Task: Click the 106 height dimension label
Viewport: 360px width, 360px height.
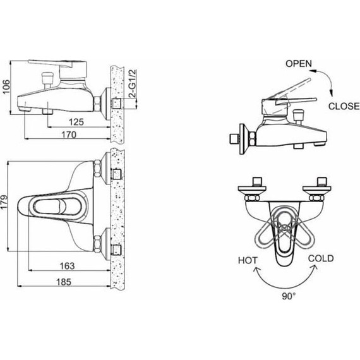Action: coord(6,87)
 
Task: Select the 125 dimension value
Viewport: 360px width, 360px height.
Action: coord(76,122)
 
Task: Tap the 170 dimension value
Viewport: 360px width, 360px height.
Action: coord(69,135)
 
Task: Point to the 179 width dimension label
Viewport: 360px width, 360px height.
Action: coord(4,202)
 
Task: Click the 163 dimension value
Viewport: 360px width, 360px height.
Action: coord(68,266)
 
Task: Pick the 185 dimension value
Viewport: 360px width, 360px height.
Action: coord(64,282)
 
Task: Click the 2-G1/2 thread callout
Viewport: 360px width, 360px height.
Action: coord(133,83)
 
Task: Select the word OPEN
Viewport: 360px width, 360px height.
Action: coord(299,64)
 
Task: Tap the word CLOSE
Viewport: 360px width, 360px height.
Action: coord(344,106)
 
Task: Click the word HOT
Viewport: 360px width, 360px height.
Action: coord(248,261)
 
